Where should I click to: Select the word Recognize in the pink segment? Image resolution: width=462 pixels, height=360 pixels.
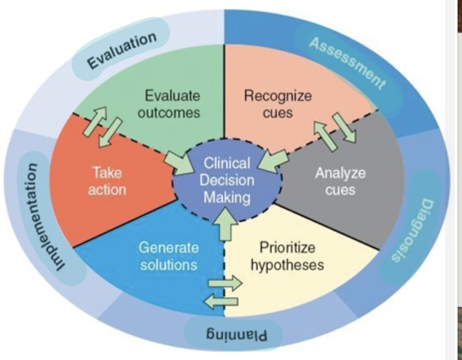(278, 96)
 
